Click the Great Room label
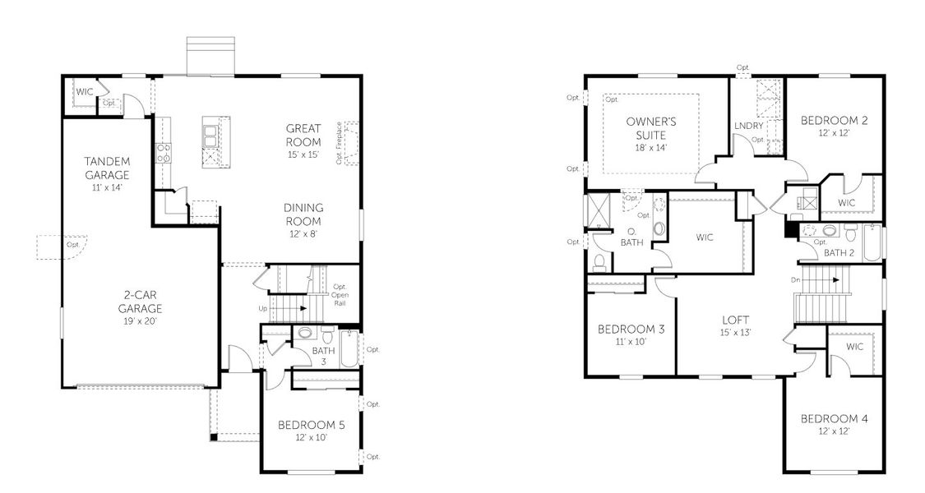303,135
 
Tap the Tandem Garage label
107,168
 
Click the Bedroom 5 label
311,425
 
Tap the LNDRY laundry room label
748,126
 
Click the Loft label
735,320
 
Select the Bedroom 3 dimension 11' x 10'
631,341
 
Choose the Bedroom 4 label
834,418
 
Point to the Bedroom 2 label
834,120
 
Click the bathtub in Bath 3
349,348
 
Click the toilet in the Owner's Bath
599,261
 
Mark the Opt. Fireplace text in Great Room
339,145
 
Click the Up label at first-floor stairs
263,309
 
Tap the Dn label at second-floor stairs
794,279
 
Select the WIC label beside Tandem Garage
84,91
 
